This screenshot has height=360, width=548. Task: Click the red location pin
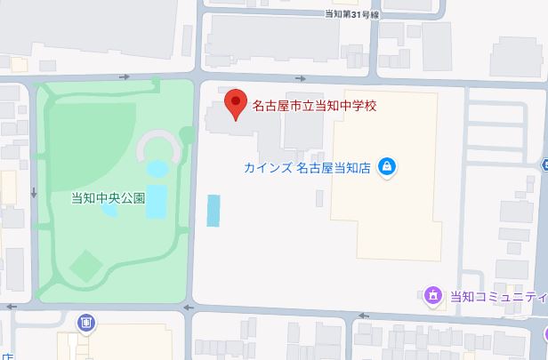[x=235, y=104]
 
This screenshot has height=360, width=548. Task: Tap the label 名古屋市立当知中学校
[x=315, y=106]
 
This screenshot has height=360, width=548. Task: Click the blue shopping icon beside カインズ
[x=386, y=166]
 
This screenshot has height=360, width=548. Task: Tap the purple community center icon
[x=433, y=295]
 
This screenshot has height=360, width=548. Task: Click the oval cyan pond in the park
[x=157, y=168]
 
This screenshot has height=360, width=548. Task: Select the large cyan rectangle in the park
[x=157, y=201]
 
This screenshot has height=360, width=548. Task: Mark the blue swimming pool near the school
[x=214, y=210]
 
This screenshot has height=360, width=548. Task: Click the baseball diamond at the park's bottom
[x=85, y=264]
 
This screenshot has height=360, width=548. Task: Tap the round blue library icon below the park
[x=85, y=322]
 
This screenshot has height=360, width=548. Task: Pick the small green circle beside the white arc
[x=187, y=135]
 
